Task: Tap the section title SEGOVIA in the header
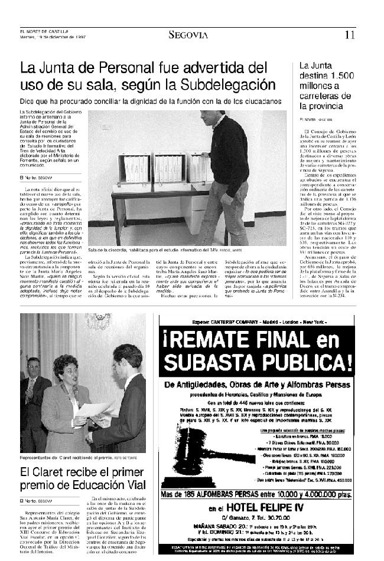[x=188, y=35]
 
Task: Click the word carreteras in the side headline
[x=320, y=96]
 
